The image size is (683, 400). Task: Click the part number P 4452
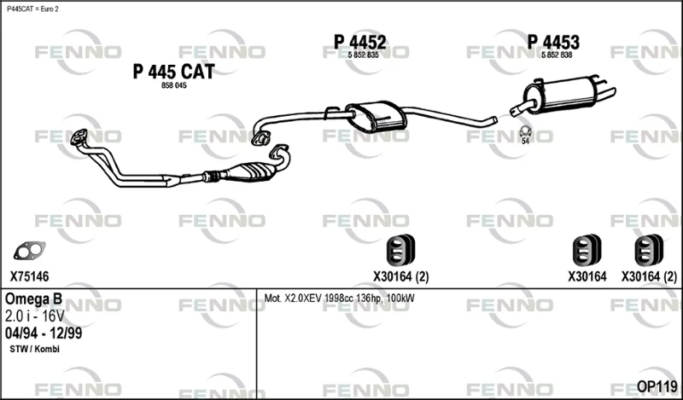pos(359,43)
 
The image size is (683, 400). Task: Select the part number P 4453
pos(553,43)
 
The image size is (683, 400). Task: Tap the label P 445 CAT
pos(174,72)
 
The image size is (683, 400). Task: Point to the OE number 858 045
pos(174,86)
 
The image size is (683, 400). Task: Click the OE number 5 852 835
pos(364,55)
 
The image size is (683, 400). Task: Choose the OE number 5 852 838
pos(557,55)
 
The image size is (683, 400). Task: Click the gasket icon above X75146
pos(29,251)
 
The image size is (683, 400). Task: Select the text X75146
pos(30,276)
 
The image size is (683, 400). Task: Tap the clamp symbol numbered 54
pos(526,131)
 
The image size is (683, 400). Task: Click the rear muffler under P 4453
pos(562,96)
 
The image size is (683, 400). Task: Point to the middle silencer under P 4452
pos(376,116)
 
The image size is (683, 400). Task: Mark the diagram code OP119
pos(657,386)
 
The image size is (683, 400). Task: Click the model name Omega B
pos(33,299)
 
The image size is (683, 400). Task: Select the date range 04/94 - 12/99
pos(44,333)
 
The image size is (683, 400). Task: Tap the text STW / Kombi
pos(34,349)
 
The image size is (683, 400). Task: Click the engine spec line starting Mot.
pos(339,299)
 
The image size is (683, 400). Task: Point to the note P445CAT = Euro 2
pos(32,9)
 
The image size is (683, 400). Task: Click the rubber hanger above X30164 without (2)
pos(587,250)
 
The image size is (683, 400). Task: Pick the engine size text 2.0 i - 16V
pos(35,316)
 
